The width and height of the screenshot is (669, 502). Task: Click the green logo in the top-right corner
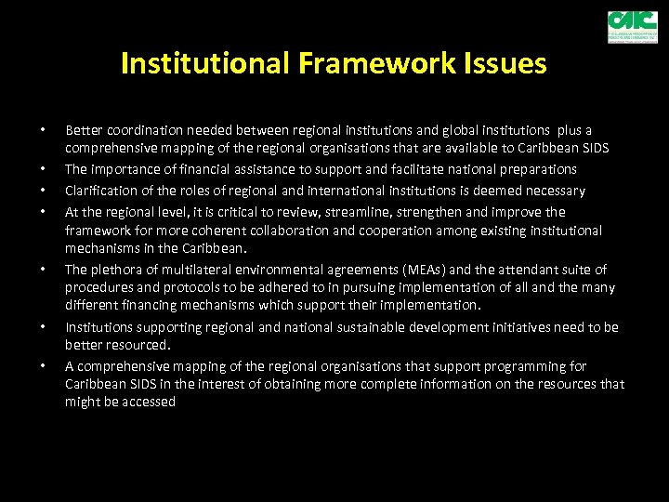tap(632, 27)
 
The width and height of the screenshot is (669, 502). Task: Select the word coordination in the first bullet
tap(141, 130)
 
